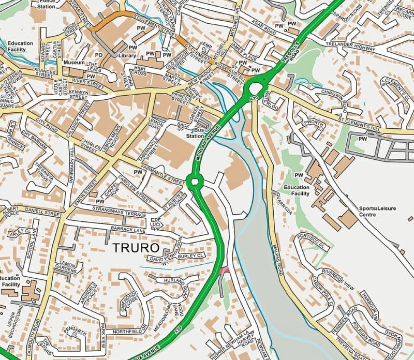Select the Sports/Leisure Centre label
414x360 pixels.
pyautogui.click(x=377, y=211)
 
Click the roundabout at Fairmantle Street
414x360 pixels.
pyautogui.click(x=195, y=181)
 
